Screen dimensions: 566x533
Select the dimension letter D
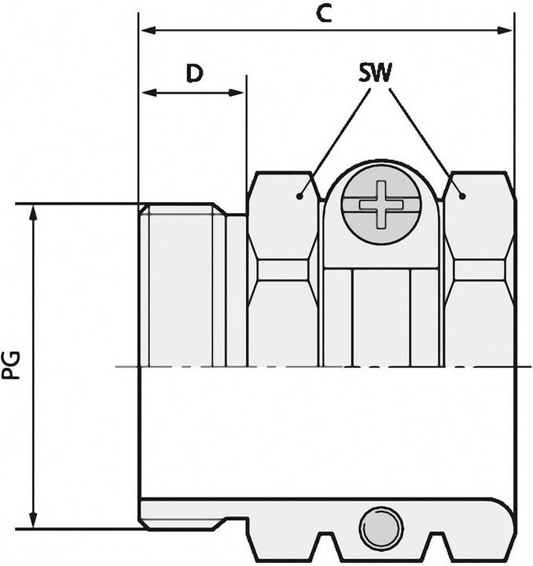(194, 73)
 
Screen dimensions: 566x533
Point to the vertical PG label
(12, 366)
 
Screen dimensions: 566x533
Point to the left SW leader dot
(300, 196)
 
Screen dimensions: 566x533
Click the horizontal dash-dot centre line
(314, 367)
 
